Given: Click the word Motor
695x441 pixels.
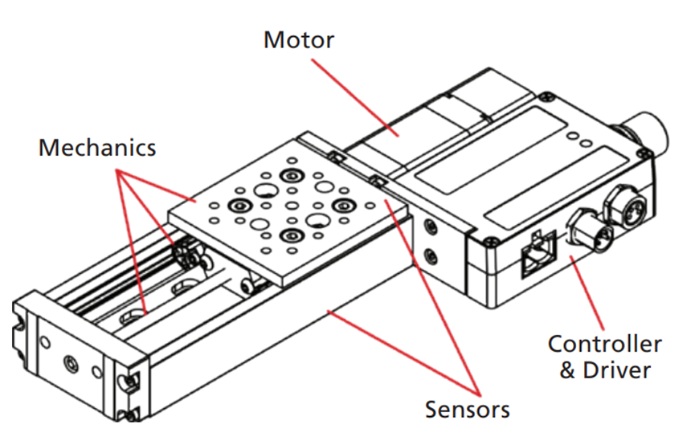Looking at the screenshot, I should click(x=298, y=39).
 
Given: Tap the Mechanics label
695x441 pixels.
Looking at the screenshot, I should click(x=97, y=148).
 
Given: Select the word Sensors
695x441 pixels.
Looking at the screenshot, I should click(x=467, y=409).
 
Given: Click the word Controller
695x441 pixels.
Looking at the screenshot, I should click(x=604, y=345).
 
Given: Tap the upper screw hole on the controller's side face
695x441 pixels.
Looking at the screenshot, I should click(x=432, y=228).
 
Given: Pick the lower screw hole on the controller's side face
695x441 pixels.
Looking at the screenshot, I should click(x=433, y=256).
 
